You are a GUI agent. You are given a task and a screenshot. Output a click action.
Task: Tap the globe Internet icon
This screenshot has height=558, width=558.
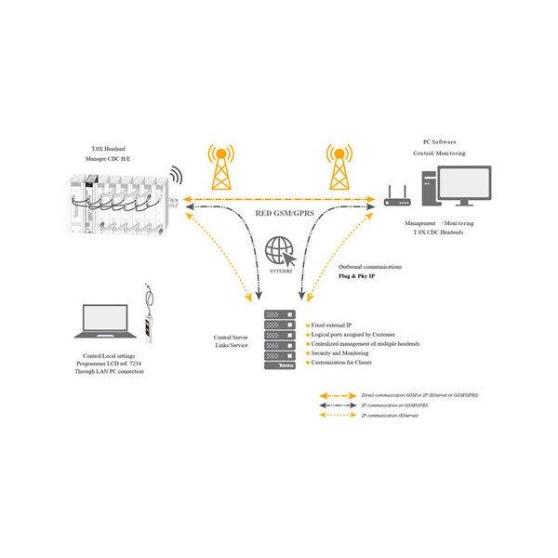click(x=279, y=252)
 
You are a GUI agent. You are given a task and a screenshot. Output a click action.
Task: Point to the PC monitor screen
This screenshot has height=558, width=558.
click(x=464, y=184)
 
